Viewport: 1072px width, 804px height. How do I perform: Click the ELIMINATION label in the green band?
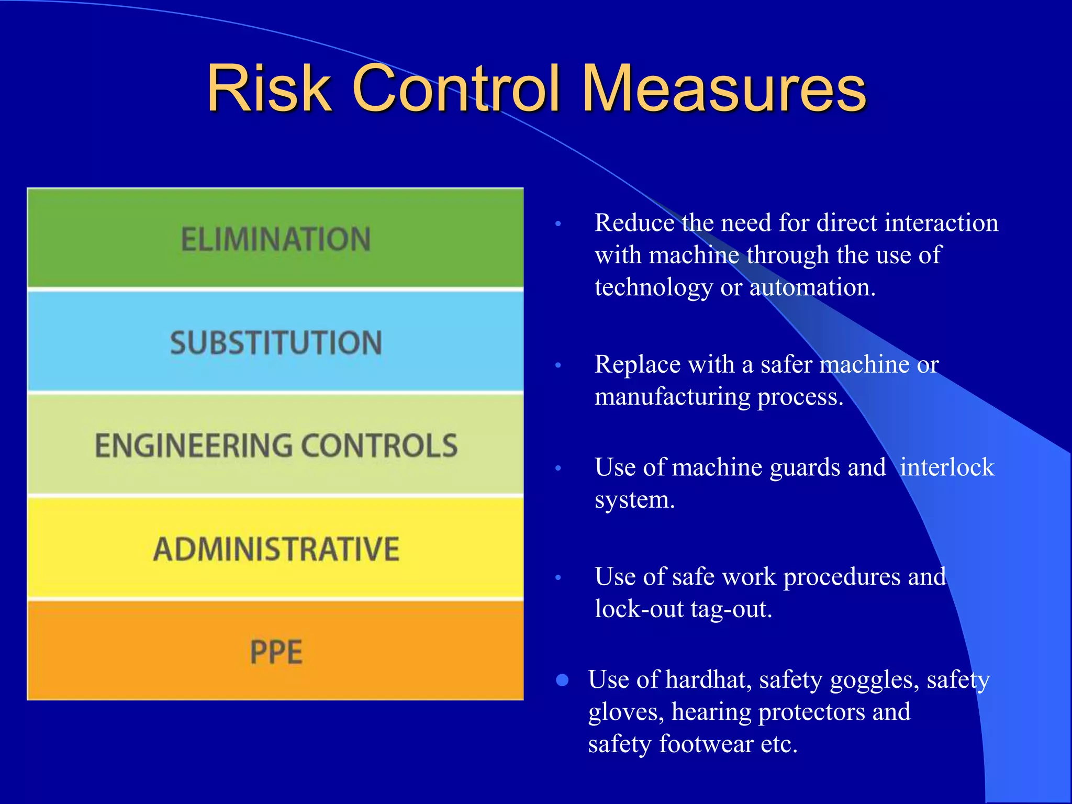pos(276,239)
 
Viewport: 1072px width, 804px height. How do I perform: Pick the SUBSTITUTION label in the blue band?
pos(276,343)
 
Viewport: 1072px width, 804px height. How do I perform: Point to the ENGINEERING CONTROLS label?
pos(276,445)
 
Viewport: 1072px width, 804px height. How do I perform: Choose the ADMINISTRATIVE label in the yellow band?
pos(276,549)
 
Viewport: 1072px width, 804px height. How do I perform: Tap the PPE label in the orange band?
pos(276,652)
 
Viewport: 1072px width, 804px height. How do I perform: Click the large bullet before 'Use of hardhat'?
pos(562,680)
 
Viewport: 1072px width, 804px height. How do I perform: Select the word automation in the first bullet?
pos(812,287)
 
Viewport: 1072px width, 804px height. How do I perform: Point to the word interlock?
pos(947,467)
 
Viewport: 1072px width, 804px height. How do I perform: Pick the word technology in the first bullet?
pos(653,288)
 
